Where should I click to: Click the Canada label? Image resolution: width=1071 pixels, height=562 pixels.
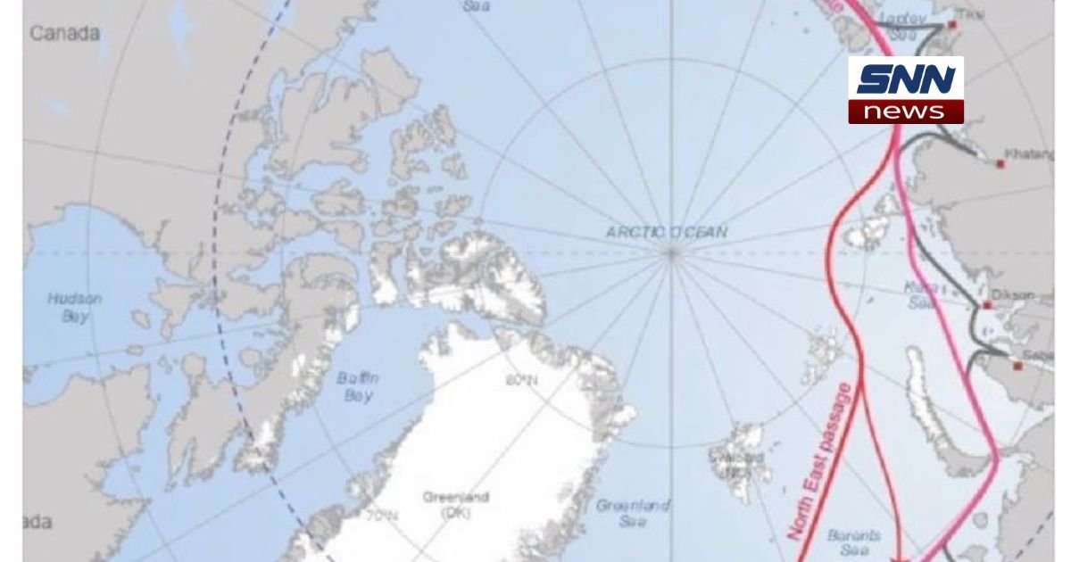coord(65,33)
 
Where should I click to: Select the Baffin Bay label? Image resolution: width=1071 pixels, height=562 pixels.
coord(358,385)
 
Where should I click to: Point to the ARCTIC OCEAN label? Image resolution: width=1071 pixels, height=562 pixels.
coord(667,232)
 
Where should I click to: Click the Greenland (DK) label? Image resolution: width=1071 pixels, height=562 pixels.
coord(467,504)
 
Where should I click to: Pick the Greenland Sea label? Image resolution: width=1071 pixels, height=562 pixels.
coord(633,513)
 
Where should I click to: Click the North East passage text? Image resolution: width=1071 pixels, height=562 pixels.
coord(821,460)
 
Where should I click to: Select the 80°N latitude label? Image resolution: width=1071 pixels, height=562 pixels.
coord(522,382)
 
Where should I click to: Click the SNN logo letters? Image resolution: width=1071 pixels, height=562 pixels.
coord(906,79)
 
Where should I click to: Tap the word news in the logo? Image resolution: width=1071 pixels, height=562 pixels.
coord(906,112)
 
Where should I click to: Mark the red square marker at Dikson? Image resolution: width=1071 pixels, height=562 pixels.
coord(988,305)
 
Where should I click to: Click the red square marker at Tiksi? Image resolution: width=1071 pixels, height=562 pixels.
coord(952,25)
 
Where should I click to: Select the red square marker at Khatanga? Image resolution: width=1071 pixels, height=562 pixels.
coord(1000,164)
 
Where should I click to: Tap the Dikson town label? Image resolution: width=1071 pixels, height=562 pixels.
coord(1013,294)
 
